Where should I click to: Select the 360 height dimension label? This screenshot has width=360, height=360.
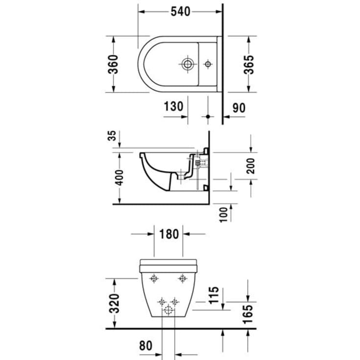[113, 64]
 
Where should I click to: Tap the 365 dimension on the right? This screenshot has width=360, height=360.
[249, 64]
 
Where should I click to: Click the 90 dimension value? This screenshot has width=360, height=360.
[239, 107]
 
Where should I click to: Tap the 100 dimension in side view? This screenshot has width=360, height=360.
[224, 214]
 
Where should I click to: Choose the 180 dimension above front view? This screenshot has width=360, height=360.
[169, 234]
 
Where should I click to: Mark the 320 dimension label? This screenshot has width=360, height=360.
[114, 304]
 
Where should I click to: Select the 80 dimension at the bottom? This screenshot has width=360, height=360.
[145, 345]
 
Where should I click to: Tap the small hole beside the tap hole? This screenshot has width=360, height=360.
[208, 64]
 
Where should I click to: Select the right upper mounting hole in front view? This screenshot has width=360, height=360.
[183, 279]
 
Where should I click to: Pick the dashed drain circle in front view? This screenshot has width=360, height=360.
[169, 310]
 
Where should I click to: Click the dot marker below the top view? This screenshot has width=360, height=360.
[208, 117]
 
